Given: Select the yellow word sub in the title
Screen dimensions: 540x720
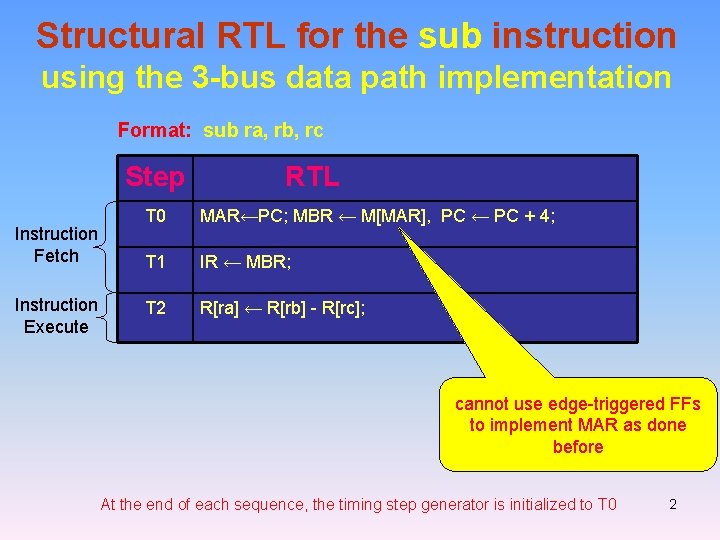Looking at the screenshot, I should pos(450,36).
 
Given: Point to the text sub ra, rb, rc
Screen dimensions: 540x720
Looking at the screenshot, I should pos(263,130).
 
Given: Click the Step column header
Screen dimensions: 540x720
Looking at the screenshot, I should pos(155,178).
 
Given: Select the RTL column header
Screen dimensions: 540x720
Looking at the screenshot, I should pos(312,178).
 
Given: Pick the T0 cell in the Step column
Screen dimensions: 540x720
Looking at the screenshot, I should pos(155,216).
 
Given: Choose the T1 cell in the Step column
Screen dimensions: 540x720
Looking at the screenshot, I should pos(155,262).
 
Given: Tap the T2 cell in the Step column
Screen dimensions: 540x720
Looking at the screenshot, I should pos(155,308).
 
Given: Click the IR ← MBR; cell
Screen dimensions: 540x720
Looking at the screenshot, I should pos(245,263).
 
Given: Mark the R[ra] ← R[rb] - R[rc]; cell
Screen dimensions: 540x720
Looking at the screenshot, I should pos(283,309).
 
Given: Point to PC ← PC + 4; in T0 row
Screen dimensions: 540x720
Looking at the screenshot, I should pos(503,217).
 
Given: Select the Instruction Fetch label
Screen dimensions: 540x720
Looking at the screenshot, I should pos(56,245).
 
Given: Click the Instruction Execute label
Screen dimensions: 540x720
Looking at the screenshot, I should pos(56,316).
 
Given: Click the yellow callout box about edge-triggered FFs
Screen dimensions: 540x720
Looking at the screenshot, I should pos(578,425).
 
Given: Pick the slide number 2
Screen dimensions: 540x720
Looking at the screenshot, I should pos(673,504).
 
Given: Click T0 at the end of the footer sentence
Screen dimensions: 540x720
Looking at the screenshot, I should pos(607,504).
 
